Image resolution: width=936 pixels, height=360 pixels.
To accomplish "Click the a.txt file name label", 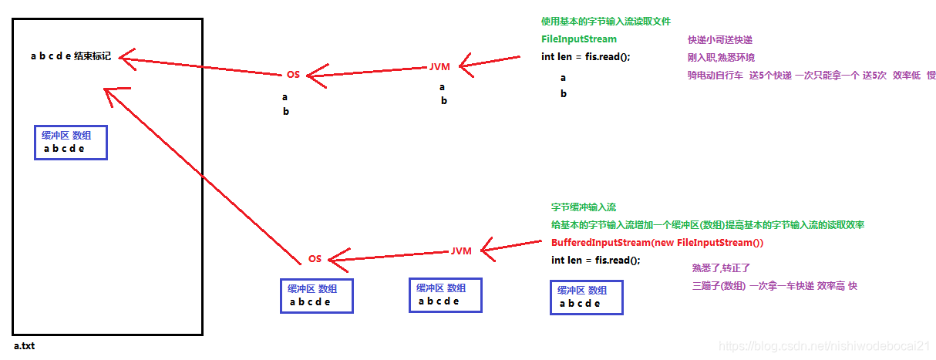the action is click(24, 346).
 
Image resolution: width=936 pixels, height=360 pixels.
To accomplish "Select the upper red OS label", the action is click(293, 75).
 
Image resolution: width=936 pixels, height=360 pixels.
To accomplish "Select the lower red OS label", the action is click(315, 259).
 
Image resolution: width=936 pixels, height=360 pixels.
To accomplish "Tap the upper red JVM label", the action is click(439, 67).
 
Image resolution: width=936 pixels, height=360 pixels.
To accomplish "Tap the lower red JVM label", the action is click(461, 251).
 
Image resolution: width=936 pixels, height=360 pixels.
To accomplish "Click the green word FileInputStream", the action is click(579, 39).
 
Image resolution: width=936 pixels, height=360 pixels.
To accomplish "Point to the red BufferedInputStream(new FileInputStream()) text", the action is click(657, 243).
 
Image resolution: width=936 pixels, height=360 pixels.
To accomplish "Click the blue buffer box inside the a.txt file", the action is click(70, 143).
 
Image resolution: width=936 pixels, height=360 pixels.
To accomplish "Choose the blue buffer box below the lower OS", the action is click(316, 295).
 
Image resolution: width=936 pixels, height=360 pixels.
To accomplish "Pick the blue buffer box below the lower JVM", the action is click(445, 294).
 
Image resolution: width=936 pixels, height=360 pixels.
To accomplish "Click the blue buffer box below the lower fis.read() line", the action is click(586, 297).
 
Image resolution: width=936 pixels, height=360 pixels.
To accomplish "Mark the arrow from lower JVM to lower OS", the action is click(389, 255).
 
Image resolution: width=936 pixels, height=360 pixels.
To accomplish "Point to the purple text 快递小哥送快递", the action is click(720, 40).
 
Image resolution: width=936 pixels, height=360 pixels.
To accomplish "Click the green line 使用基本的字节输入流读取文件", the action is click(600, 22).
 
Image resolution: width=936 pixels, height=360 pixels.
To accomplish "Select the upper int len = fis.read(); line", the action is click(586, 56).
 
